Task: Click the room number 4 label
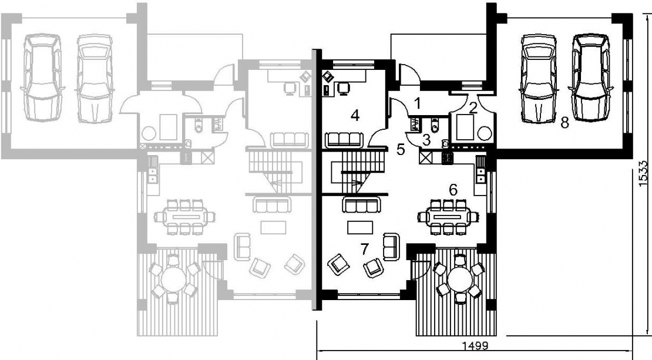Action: [x=355, y=115]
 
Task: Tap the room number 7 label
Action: [x=364, y=249]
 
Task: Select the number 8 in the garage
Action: [x=564, y=123]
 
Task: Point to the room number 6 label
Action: [x=453, y=190]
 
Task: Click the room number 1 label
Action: [x=418, y=103]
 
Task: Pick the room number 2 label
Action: [x=472, y=108]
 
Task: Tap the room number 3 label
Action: [x=426, y=140]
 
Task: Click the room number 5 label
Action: [x=401, y=149]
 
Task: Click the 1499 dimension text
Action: [x=475, y=346]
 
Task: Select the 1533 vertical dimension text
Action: [x=644, y=173]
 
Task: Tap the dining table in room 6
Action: [x=447, y=217]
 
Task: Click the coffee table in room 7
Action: [x=361, y=227]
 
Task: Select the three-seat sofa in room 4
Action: [x=344, y=140]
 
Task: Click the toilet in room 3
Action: [x=435, y=125]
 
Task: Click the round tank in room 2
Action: [x=485, y=133]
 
